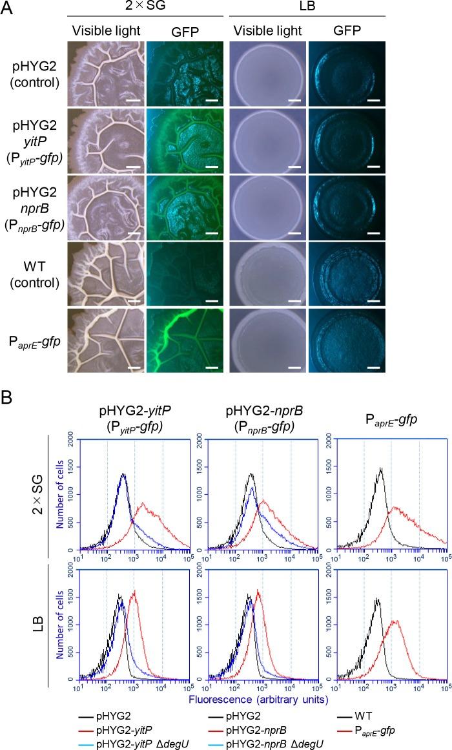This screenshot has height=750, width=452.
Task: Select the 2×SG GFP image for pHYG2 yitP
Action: point(185,140)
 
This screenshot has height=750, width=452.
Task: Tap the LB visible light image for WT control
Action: point(268,274)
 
